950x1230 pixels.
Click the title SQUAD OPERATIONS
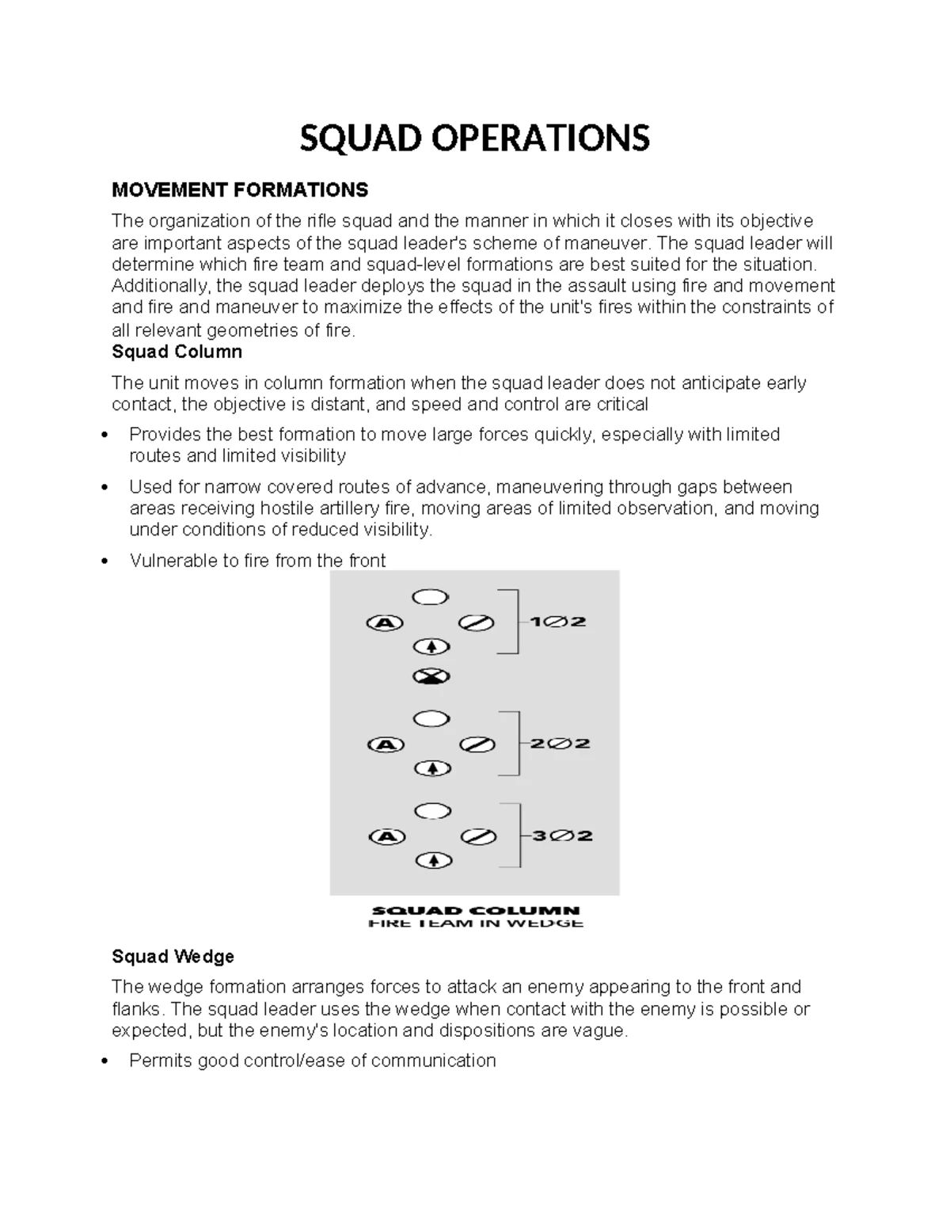474,138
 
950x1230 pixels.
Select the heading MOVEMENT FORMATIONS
240,190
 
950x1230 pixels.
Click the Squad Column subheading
177,352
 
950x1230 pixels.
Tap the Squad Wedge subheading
173,957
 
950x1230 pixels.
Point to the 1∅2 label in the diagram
557,622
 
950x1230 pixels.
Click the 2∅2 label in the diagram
560,744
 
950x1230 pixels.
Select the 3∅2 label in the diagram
562,836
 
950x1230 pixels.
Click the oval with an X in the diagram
431,676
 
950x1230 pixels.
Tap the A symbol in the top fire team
385,623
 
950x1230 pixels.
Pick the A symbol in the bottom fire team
387,836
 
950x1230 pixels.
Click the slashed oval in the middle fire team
477,744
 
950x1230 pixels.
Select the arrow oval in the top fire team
431,647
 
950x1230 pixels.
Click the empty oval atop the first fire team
431,597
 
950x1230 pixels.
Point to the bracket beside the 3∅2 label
515,836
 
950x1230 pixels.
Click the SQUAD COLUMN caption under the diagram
476,911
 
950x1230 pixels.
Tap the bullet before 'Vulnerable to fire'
105,562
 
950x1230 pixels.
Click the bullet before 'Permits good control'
105,1061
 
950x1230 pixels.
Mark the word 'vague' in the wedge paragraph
602,1030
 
